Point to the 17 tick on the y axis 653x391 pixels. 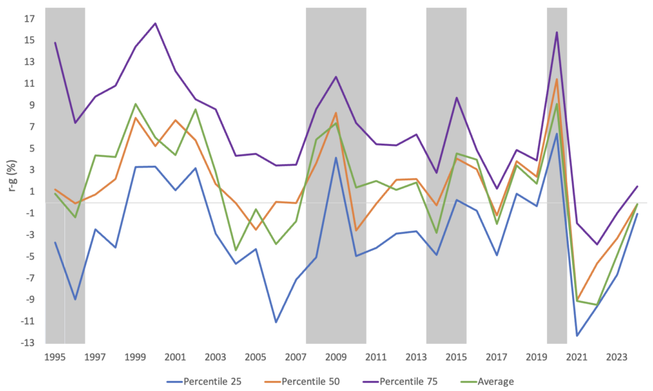click(29, 18)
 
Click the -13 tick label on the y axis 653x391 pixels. click(27, 343)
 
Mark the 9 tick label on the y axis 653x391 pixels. click(31, 105)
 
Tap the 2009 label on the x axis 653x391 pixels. click(336, 357)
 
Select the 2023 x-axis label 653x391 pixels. click(617, 357)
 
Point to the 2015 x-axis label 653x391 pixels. click(457, 357)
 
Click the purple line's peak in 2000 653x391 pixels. click(156, 24)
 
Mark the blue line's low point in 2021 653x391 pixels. click(577, 336)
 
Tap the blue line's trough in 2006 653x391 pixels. click(276, 322)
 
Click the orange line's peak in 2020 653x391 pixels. click(557, 79)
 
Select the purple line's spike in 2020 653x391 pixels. click(557, 33)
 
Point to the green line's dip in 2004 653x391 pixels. click(236, 250)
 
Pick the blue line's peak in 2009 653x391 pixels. click(336, 158)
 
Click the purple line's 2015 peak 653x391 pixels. click(457, 98)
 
